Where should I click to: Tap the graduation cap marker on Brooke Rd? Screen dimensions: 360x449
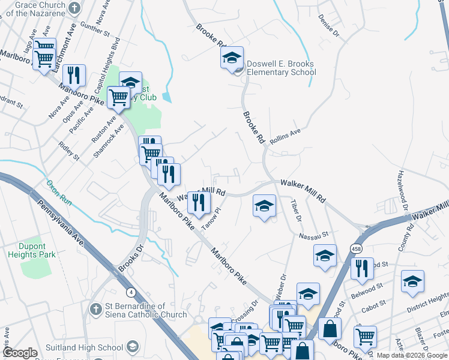tap(232, 59)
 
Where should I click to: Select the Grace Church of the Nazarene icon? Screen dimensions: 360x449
tap(74, 8)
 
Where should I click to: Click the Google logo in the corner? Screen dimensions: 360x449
tap(20, 352)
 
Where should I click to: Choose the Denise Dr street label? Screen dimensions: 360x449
tap(329, 26)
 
